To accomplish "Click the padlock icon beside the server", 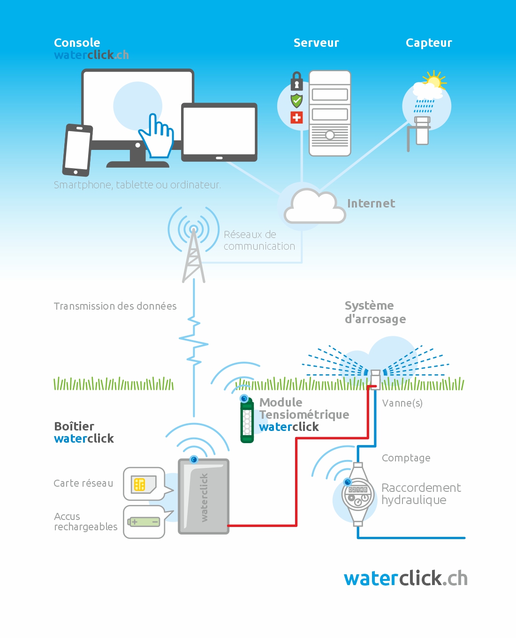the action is tap(296, 81).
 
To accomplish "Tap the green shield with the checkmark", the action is tap(296, 101).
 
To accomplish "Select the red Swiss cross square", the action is tap(296, 118).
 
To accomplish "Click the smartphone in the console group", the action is tap(77, 150).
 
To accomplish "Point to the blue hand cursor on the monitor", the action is tap(157, 136).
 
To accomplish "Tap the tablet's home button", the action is tap(219, 158).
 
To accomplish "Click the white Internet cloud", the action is tap(315, 206).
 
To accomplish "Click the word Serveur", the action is tap(316, 43).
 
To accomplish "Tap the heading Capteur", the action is tap(429, 43).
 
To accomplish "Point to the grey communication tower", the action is tap(194, 255).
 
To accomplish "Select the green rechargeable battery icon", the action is tap(144, 522).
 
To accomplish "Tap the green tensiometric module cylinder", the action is tap(247, 420).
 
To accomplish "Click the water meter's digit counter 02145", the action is tap(357, 490).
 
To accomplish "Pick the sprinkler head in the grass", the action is tap(375, 379).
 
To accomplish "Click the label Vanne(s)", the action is tap(402, 403).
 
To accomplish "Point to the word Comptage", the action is tap(406, 458).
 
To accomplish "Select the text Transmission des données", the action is tap(115, 306).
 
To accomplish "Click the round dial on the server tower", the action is tap(330, 135).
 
